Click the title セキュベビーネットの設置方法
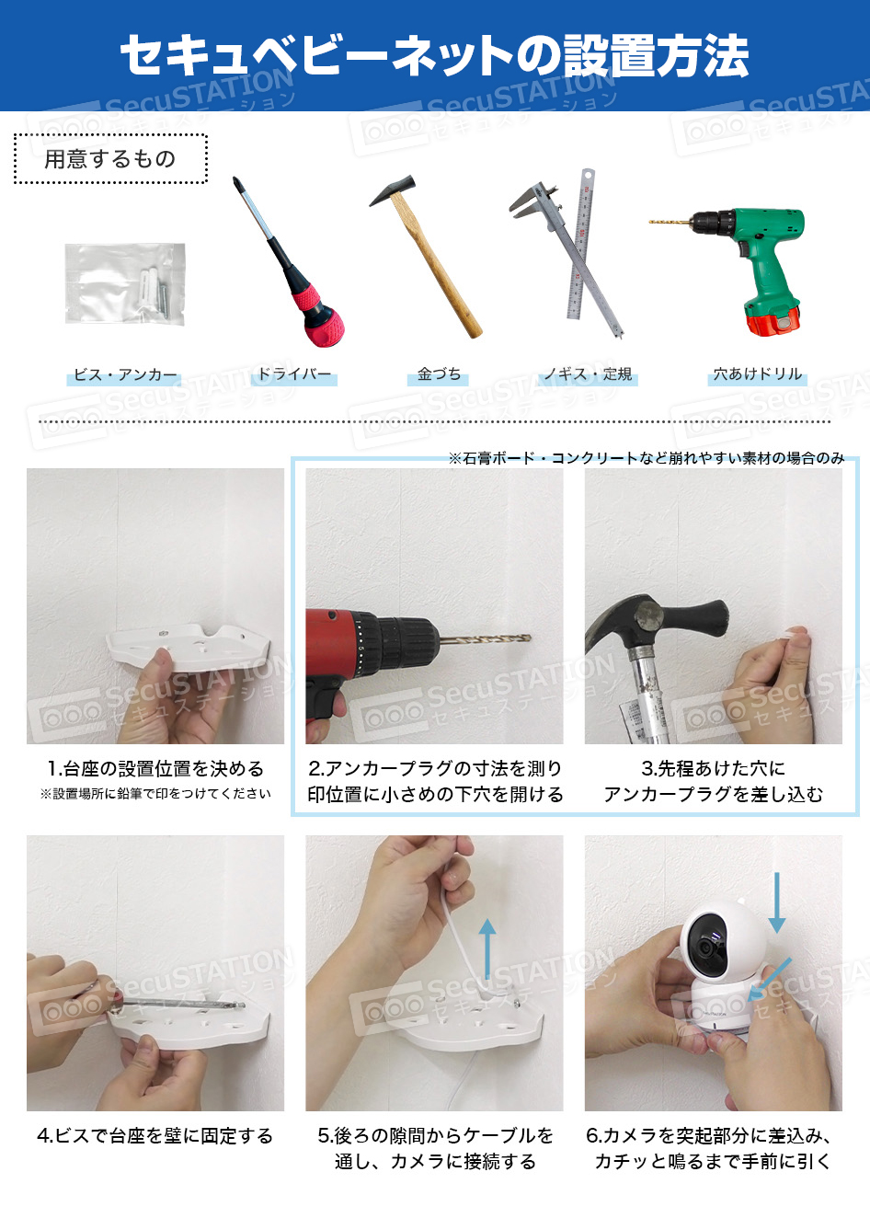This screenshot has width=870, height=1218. pos(434,55)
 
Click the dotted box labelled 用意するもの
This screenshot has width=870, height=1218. pos(110,159)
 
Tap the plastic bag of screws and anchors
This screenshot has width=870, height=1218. pos(125,283)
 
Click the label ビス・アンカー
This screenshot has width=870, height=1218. pos(124,375)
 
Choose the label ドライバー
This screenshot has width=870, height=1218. pos(293,373)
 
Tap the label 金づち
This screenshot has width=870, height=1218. pos(439,374)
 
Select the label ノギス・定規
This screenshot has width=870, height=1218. pos(588,374)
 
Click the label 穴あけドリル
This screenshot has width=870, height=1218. pos(758,374)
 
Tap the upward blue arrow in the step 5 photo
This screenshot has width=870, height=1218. pos(487,948)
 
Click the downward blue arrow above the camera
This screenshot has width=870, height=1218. pos(777,902)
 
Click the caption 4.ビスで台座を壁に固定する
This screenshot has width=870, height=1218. pos(155,1136)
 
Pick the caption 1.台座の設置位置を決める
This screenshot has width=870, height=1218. pos(155,769)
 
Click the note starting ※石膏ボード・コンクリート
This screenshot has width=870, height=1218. pos(646,458)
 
